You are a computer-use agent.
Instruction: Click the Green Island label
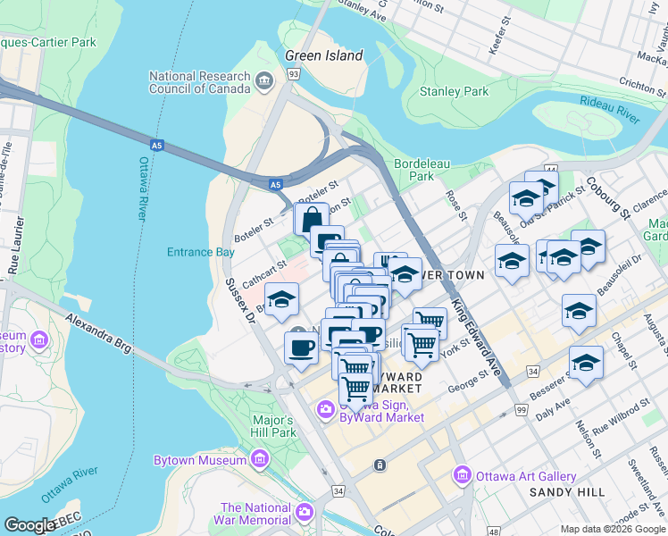(323, 55)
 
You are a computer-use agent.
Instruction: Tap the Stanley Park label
(454, 91)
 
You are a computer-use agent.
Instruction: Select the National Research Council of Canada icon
(264, 82)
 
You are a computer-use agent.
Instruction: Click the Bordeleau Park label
(414, 170)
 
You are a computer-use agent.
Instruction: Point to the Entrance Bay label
(200, 252)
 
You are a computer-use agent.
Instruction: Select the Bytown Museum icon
(260, 460)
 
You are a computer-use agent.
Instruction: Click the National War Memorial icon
(305, 512)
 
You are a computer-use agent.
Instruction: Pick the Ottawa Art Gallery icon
(462, 474)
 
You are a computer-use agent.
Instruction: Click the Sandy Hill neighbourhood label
(567, 492)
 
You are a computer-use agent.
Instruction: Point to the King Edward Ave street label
(477, 335)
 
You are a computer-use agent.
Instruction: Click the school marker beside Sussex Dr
(281, 300)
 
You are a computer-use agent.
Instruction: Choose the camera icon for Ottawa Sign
(325, 409)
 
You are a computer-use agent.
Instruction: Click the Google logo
(29, 525)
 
